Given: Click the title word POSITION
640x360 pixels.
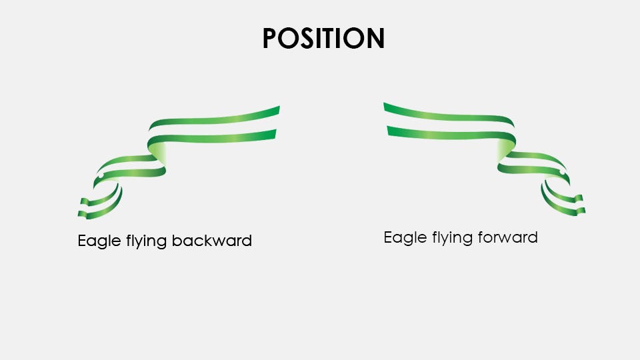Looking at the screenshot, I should tap(323, 39).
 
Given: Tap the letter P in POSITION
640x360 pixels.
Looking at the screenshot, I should tap(271, 39).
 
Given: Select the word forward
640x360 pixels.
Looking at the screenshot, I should tap(506, 237).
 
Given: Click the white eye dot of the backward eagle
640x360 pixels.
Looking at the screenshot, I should tap(99, 176).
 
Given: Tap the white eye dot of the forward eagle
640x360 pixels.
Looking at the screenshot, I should tap(562, 173).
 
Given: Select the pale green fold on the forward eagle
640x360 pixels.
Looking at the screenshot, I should tap(504, 151).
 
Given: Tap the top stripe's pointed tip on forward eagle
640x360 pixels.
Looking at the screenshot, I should tap(386, 105).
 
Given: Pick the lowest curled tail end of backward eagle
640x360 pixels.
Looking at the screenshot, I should tap(81, 215).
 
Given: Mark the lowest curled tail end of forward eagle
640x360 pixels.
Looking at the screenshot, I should tap(583, 211).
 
